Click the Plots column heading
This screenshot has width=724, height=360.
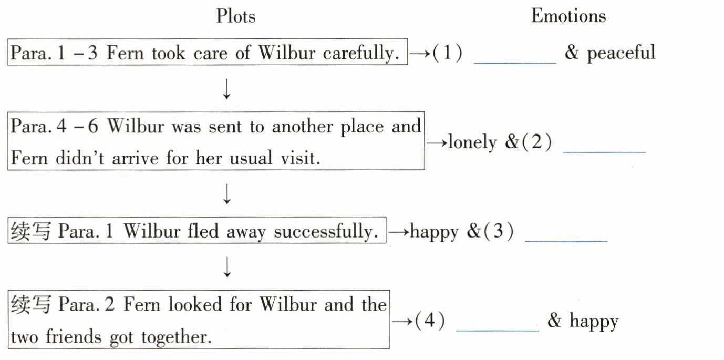pyautogui.click(x=236, y=16)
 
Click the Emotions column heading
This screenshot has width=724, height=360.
pyautogui.click(x=568, y=16)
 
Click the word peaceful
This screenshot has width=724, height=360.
pyautogui.click(x=622, y=53)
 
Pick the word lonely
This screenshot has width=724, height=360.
pyautogui.click(x=472, y=143)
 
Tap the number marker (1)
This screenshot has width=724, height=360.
pyautogui.click(x=447, y=53)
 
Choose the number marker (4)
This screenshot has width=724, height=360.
pyautogui.click(x=430, y=321)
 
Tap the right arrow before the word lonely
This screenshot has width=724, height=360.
pyautogui.click(x=436, y=143)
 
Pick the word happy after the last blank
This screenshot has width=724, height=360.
pyautogui.click(x=594, y=321)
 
